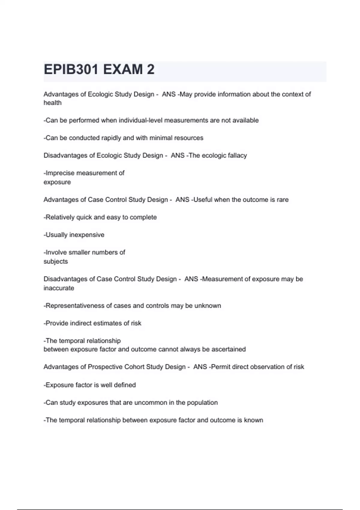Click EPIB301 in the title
(x=71, y=70)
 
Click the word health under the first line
(x=52, y=103)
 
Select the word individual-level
(x=141, y=120)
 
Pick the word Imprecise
(x=60, y=173)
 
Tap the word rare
(x=283, y=200)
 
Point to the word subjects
(x=56, y=262)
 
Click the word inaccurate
(x=59, y=288)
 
